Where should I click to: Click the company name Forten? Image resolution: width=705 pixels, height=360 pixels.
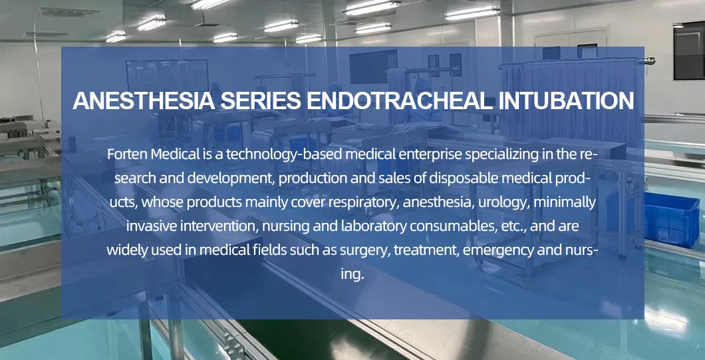[x=127, y=154]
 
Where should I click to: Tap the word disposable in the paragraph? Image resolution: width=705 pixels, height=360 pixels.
[x=459, y=178]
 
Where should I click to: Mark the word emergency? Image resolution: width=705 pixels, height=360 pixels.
[x=499, y=250]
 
